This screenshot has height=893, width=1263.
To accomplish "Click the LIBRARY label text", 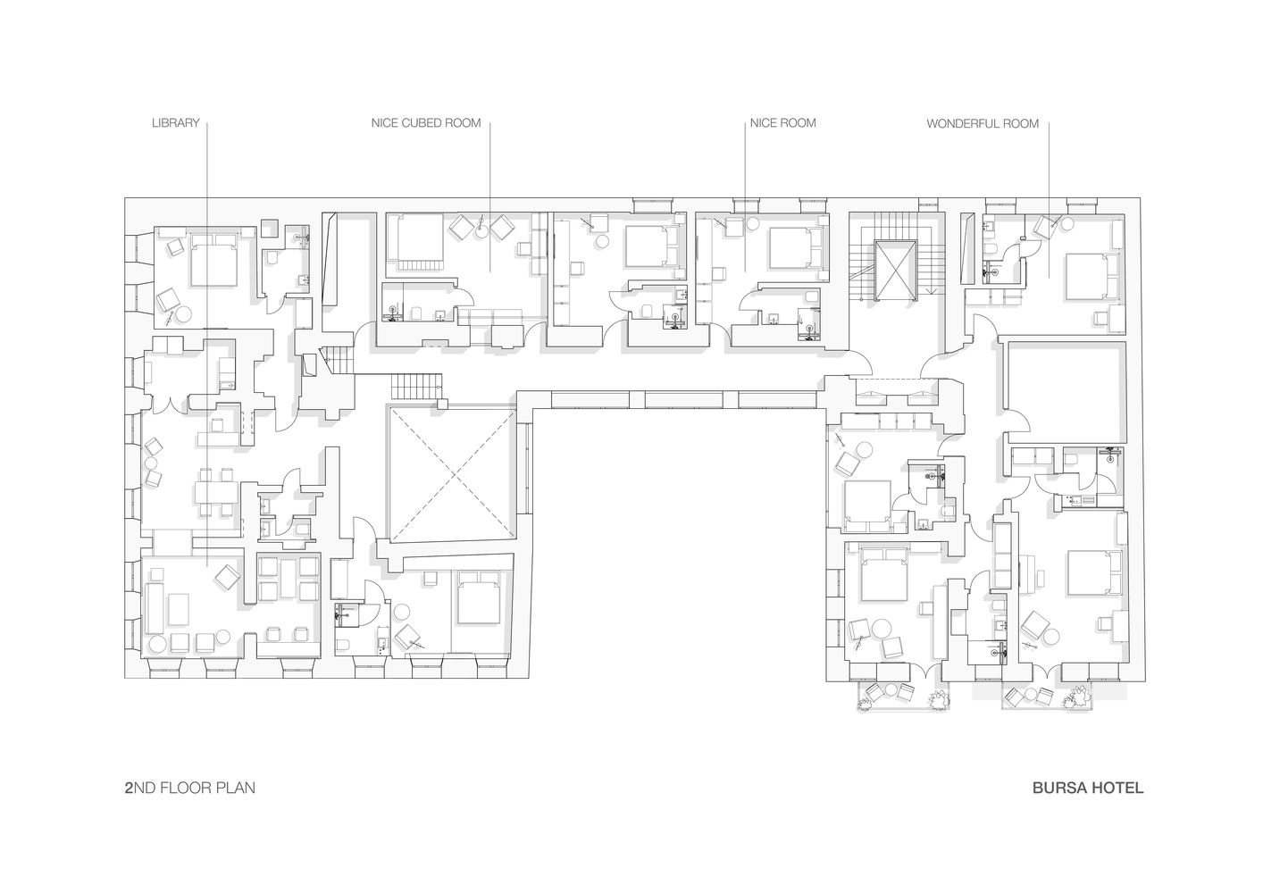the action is [x=175, y=123].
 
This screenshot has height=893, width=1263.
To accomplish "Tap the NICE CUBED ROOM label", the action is [x=426, y=123].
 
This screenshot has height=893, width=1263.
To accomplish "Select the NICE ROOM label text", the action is [x=782, y=123].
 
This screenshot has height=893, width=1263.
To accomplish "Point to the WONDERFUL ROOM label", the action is [x=983, y=123].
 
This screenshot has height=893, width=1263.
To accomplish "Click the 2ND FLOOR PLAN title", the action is [x=190, y=788].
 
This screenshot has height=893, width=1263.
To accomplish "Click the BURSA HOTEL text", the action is [x=1088, y=788].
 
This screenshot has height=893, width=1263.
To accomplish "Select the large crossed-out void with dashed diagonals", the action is [x=452, y=475].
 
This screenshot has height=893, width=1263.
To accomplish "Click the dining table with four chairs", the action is [x=216, y=492].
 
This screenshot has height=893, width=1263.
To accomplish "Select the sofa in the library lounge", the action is [x=154, y=608].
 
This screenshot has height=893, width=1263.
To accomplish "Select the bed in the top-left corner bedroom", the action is [x=213, y=260].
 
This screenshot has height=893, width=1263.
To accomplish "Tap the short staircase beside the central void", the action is [x=416, y=386].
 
